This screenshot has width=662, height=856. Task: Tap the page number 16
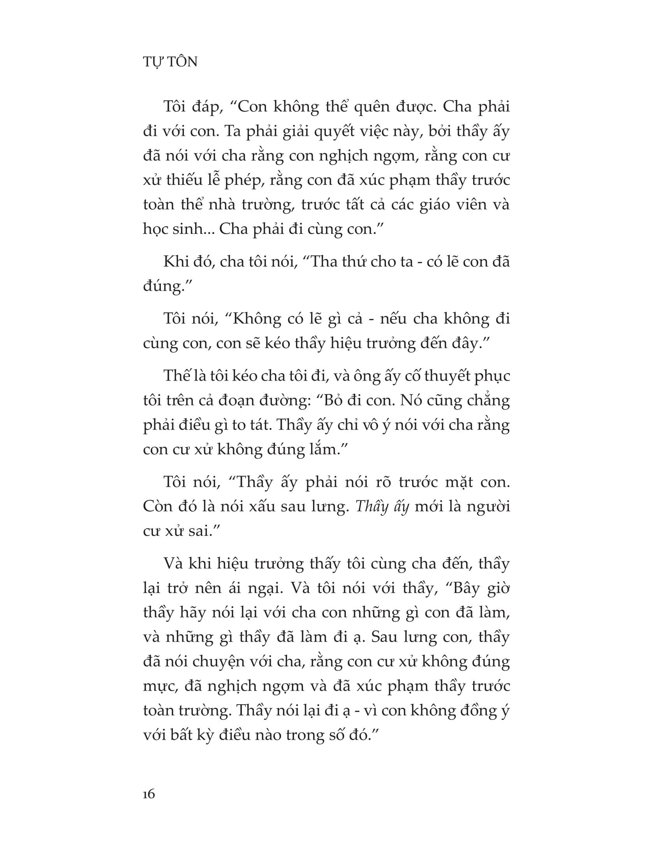pos(149,794)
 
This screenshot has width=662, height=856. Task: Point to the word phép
pos(243,180)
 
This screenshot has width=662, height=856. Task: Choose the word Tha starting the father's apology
pos(324,262)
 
